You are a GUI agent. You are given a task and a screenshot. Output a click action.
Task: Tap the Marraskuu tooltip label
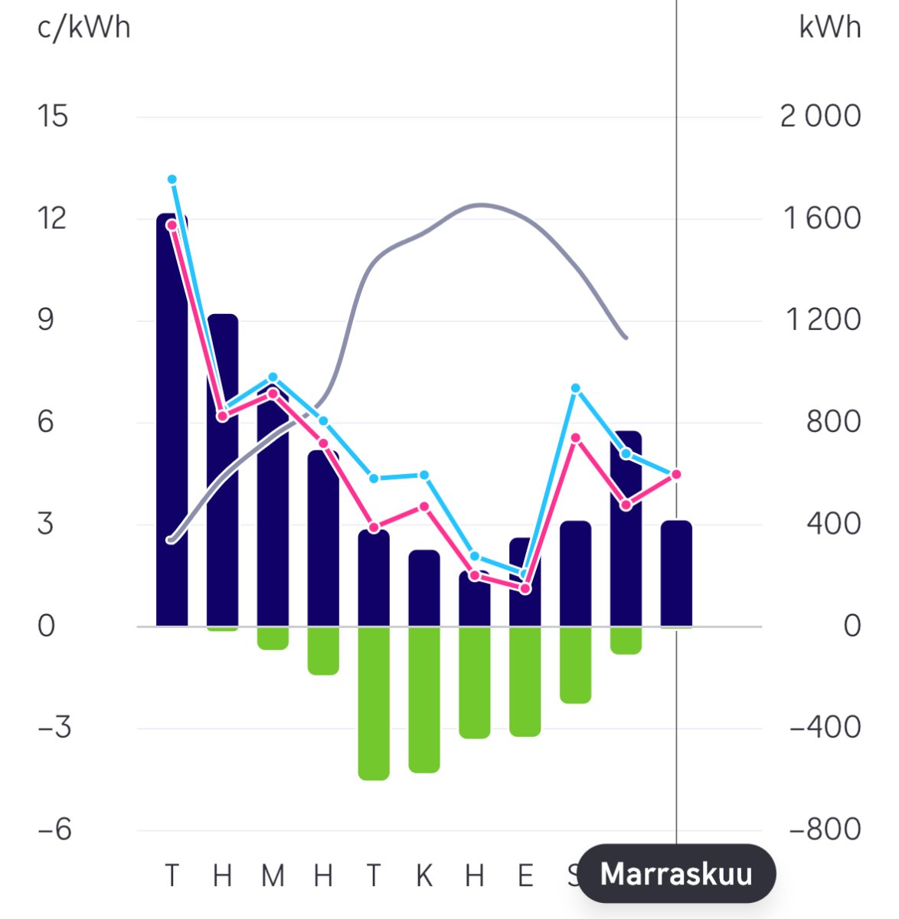pyautogui.click(x=676, y=874)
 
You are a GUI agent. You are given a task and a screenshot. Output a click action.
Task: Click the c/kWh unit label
pyautogui.click(x=83, y=28)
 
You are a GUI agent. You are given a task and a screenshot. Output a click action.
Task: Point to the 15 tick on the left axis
pyautogui.click(x=52, y=116)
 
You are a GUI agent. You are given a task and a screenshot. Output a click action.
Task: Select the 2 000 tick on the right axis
pyautogui.click(x=820, y=116)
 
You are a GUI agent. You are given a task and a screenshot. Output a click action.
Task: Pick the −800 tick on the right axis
pyautogui.click(x=825, y=829)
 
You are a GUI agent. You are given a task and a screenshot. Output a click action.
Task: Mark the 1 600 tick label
pyautogui.click(x=822, y=219)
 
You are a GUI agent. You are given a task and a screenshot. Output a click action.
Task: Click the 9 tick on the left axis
pyautogui.click(x=46, y=320)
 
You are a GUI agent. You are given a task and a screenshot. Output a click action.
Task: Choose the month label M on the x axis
pyautogui.click(x=273, y=875)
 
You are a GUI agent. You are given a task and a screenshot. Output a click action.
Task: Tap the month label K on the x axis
pyautogui.click(x=423, y=875)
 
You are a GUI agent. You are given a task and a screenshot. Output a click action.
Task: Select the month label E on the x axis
pyautogui.click(x=525, y=875)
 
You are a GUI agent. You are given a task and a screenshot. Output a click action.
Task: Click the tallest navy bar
pyautogui.click(x=172, y=421)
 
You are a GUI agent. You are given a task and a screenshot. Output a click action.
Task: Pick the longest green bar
pyautogui.click(x=374, y=703)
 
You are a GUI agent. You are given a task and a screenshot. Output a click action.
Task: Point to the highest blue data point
pyautogui.click(x=172, y=179)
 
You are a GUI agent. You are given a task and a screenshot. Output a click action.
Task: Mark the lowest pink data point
pyautogui.click(x=525, y=589)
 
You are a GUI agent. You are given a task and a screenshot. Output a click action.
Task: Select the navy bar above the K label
pyautogui.click(x=424, y=588)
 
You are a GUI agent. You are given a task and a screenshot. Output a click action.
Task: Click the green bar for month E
pyautogui.click(x=525, y=682)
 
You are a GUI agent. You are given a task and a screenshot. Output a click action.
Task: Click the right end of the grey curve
pyautogui.click(x=626, y=337)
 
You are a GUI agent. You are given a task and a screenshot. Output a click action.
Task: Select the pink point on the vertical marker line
pyautogui.click(x=676, y=475)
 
